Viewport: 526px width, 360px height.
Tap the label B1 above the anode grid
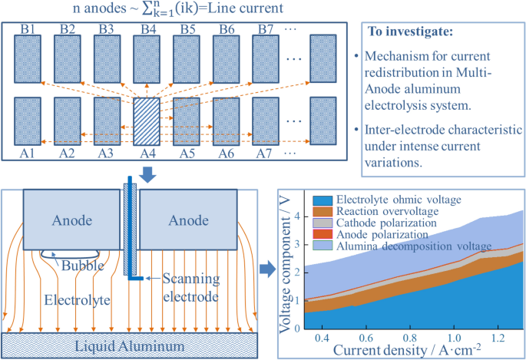(30, 29)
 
